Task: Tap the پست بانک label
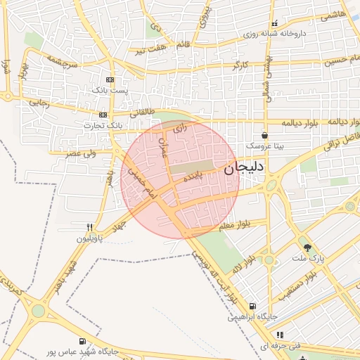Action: click(110, 90)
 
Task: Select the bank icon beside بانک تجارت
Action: click(103, 115)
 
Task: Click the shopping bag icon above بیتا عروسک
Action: click(264, 135)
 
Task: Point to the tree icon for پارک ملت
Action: click(307, 247)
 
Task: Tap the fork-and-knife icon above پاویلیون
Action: click(89, 227)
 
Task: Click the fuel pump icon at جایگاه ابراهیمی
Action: click(252, 306)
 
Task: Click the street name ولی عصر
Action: click(82, 151)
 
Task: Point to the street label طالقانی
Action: click(141, 111)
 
